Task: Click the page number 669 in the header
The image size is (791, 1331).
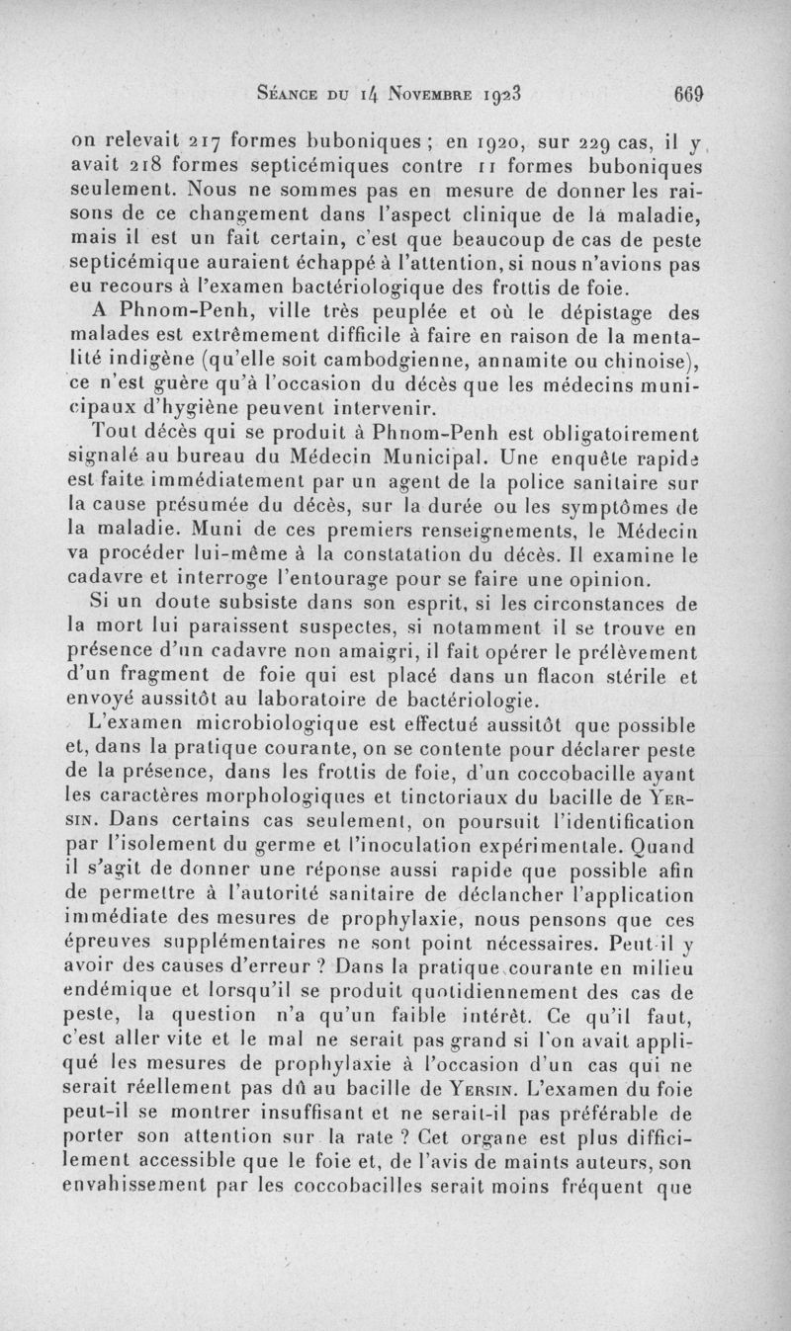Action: pyautogui.click(x=687, y=96)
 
